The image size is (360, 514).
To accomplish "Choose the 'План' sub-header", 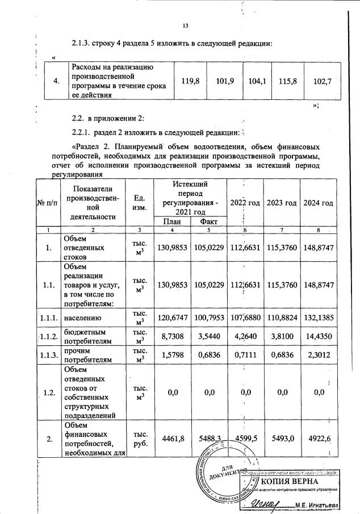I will pyautogui.click(x=172, y=222).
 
